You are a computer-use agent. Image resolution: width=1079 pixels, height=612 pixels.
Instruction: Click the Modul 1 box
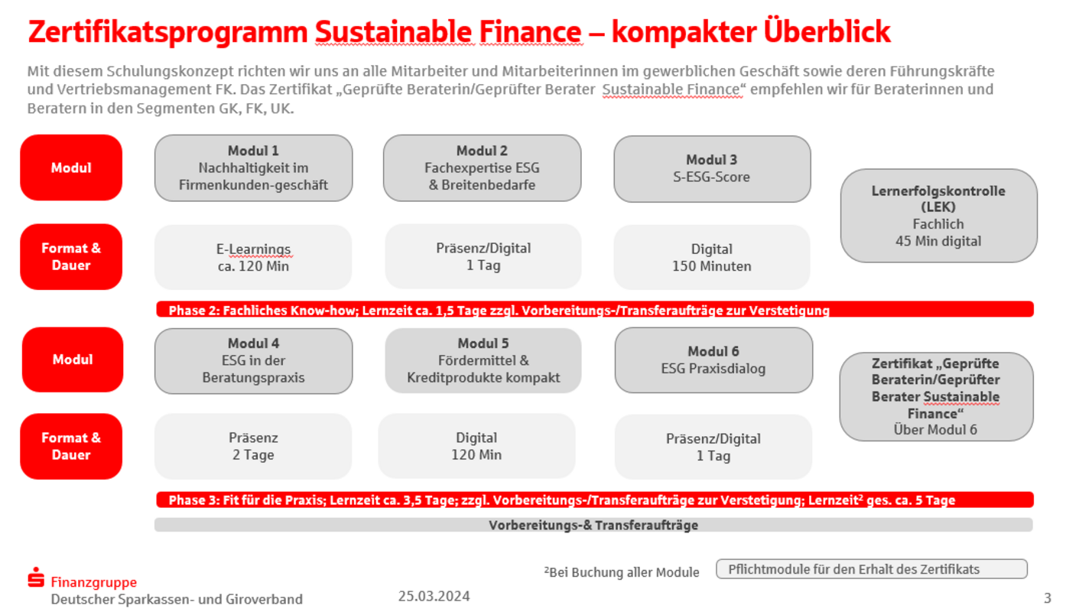[x=253, y=168]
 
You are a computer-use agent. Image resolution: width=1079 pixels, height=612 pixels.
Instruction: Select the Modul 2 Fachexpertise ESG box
[x=483, y=168]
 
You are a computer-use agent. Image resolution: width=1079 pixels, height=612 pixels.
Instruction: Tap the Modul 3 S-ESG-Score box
[x=712, y=168]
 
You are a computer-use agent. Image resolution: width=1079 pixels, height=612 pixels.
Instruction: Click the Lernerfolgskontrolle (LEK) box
[x=938, y=216]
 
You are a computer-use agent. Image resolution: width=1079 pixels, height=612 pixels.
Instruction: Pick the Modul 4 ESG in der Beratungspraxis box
[x=253, y=360]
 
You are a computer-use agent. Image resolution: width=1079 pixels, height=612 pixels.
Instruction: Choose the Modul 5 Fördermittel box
[x=483, y=360]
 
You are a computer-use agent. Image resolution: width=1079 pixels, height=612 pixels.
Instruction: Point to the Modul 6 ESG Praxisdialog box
[x=713, y=360]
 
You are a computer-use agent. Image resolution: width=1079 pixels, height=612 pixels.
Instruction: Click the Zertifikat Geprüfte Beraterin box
[x=936, y=396]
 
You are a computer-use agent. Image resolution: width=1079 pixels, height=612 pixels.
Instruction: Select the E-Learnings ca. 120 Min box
[x=253, y=257]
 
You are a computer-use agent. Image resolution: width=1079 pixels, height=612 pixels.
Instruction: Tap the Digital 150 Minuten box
[x=712, y=257]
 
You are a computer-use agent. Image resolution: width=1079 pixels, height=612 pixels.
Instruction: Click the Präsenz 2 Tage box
[x=253, y=446]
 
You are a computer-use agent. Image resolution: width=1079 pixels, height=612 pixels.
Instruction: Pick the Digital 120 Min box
[x=476, y=446]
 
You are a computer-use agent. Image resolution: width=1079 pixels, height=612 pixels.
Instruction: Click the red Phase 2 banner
[x=595, y=309]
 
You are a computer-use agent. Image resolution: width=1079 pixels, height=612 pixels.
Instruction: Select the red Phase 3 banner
[x=595, y=500]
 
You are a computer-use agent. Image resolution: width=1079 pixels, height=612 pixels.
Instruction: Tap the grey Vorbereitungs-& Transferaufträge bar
[x=593, y=525]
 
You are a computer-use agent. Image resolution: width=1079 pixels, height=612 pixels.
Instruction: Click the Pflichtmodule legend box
[x=872, y=569]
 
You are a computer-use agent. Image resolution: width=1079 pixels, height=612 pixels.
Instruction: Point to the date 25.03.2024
[x=434, y=596]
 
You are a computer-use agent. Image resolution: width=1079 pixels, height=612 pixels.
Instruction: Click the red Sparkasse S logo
[x=36, y=577]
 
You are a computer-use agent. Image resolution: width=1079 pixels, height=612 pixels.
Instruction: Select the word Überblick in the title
[x=827, y=31]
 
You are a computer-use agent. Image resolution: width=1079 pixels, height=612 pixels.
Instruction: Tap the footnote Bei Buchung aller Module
[x=622, y=572]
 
